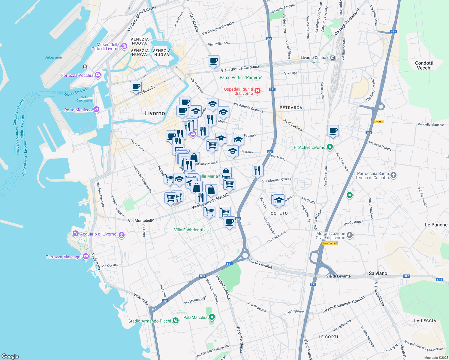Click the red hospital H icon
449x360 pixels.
(x=257, y=91)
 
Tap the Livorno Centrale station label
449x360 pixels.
(x=315, y=58)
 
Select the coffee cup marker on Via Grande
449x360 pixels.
(x=136, y=87)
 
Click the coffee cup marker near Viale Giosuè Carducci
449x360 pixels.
(x=213, y=61)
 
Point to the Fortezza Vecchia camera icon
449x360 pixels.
(x=98, y=75)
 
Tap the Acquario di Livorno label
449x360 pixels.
(x=98, y=234)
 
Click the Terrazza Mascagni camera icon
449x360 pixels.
(x=86, y=256)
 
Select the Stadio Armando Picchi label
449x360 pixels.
(x=149, y=321)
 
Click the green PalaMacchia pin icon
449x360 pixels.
(x=212, y=317)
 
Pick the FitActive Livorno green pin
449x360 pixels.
(x=330, y=147)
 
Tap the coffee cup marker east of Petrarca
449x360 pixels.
(x=333, y=131)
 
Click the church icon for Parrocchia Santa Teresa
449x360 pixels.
(x=393, y=175)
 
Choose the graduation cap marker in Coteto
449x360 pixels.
(x=279, y=200)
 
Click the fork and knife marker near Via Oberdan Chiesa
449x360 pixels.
(x=257, y=171)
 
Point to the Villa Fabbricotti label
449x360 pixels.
(x=188, y=230)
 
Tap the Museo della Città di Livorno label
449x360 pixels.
(x=106, y=46)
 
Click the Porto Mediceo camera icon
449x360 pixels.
(x=96, y=109)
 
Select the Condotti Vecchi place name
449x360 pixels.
(x=424, y=65)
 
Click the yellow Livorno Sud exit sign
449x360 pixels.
(x=330, y=243)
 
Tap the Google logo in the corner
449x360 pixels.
(x=10, y=356)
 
